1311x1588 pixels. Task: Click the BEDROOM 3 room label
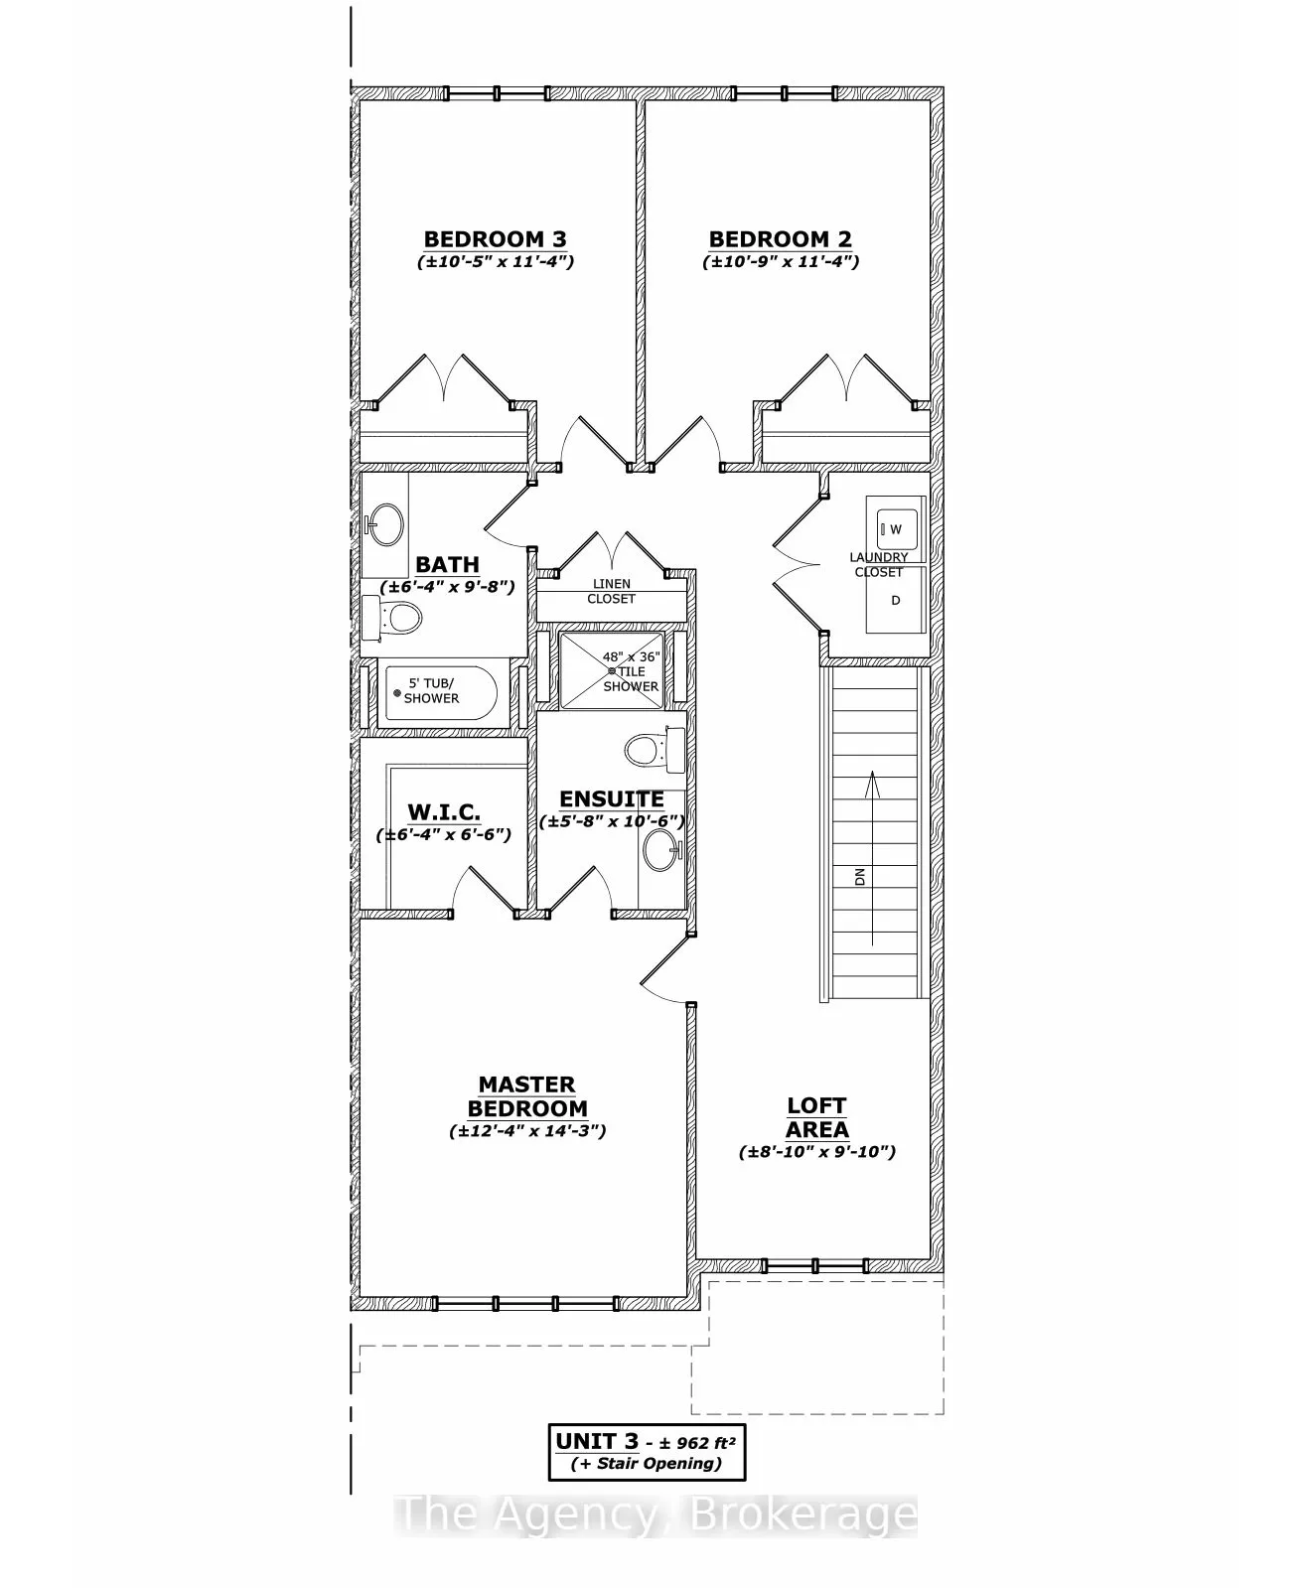coord(495,239)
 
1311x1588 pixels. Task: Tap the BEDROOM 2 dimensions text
coord(780,262)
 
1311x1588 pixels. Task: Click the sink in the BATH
coord(384,523)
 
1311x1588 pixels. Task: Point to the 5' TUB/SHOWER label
coord(431,690)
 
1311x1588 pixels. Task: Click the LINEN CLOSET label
coord(611,592)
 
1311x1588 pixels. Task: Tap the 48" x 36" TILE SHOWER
coord(611,671)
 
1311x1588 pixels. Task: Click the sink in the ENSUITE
coord(659,851)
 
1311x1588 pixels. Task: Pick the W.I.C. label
coord(444,812)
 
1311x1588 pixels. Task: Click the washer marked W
coord(896,529)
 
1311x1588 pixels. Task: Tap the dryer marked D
coord(895,601)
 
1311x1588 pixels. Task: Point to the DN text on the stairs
coord(860,877)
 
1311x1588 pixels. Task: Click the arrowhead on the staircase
coord(872,782)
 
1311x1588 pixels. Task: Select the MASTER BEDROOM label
coord(526,1097)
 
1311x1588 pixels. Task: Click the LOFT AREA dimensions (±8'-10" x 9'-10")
coord(816,1152)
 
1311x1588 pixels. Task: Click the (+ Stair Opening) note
coord(647,1464)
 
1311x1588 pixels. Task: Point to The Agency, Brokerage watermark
coord(655,1516)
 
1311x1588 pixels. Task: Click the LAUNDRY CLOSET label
coord(879,565)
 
